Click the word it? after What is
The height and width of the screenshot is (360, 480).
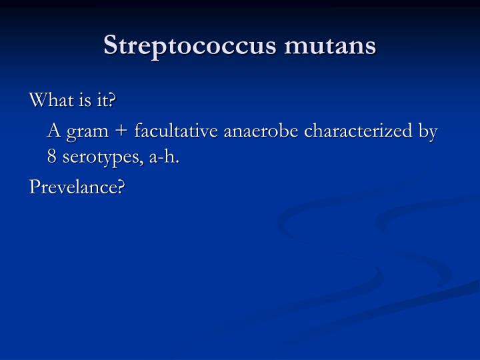coord(105,101)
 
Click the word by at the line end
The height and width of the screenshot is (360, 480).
coord(427,131)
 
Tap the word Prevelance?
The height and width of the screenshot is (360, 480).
coord(77,188)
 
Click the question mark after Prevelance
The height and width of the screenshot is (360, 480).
coord(121,188)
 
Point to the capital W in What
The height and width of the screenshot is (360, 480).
coord(37,101)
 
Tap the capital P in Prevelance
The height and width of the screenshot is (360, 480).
coord(35,188)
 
